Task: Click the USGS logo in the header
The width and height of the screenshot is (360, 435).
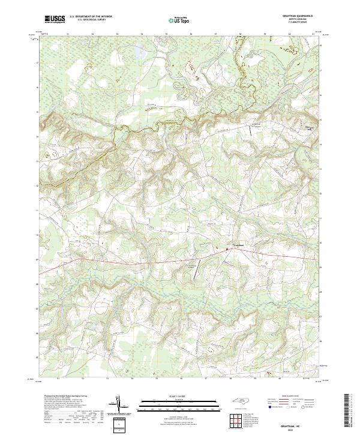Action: pyautogui.click(x=53, y=19)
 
